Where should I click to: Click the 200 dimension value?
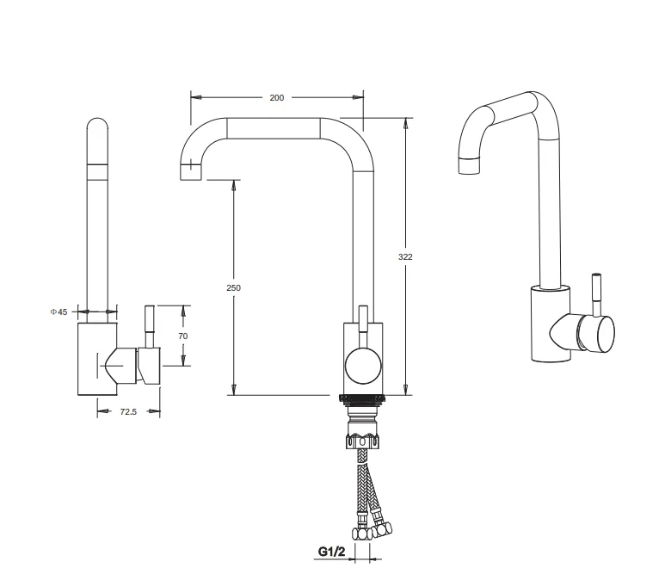coord(276,98)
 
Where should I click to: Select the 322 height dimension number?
coord(405,256)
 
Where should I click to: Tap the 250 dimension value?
coord(233,287)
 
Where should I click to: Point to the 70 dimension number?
coord(182,336)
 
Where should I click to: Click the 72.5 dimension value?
coord(128,411)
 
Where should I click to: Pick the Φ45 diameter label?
coord(59,312)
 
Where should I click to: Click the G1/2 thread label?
coord(332,552)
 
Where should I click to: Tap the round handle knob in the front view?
coord(363,366)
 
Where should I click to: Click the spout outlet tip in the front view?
coord(191,172)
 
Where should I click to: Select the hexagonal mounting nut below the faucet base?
coord(362,441)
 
